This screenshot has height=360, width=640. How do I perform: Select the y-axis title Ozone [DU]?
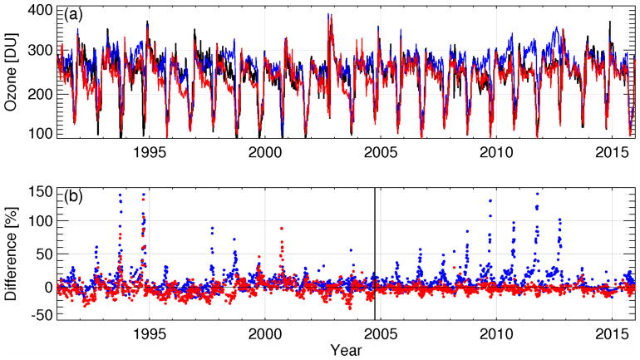(12, 72)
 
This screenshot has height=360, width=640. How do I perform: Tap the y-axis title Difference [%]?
(12, 254)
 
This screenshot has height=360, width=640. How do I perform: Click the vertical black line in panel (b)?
(375, 249)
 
